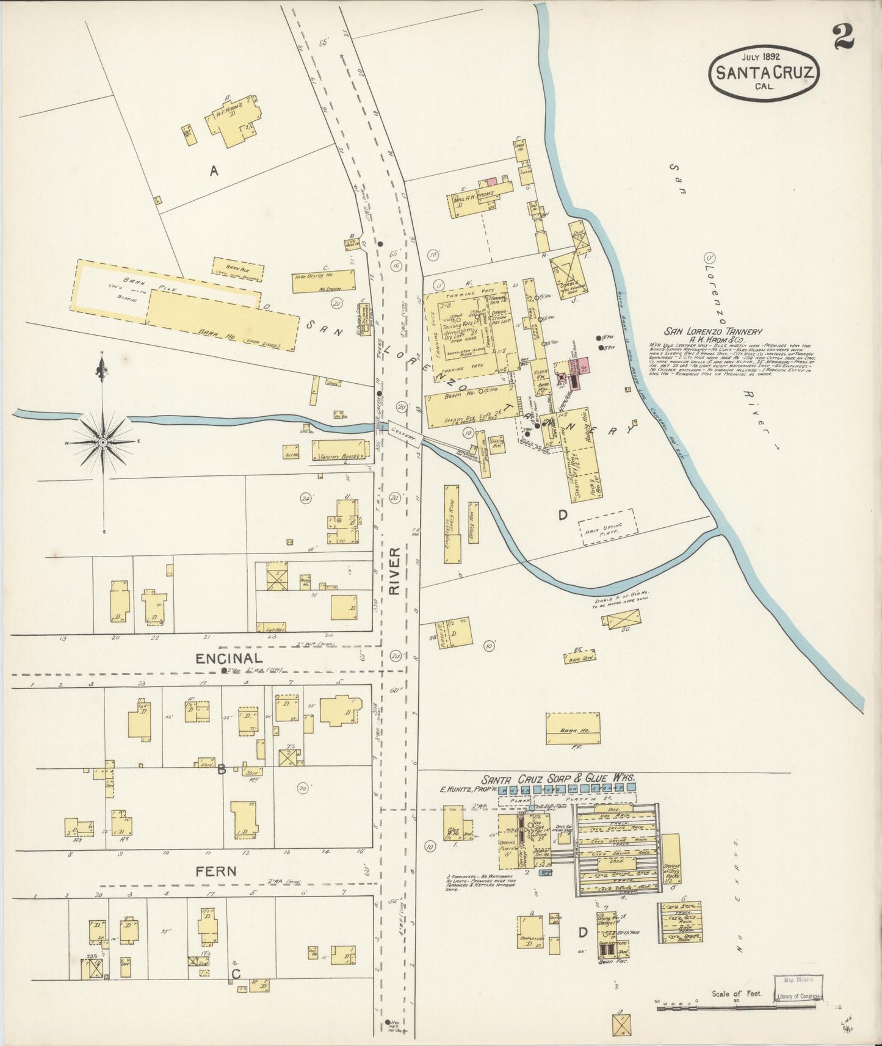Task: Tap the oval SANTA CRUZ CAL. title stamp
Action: (764, 73)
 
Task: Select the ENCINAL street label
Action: (230, 658)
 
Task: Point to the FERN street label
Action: (216, 871)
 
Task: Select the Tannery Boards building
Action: (340, 450)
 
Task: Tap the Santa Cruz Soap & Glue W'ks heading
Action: (558, 779)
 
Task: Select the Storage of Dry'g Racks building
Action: (671, 858)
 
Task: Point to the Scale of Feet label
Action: (737, 994)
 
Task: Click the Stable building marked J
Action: (567, 273)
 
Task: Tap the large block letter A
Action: (214, 171)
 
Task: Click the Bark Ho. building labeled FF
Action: (573, 728)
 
